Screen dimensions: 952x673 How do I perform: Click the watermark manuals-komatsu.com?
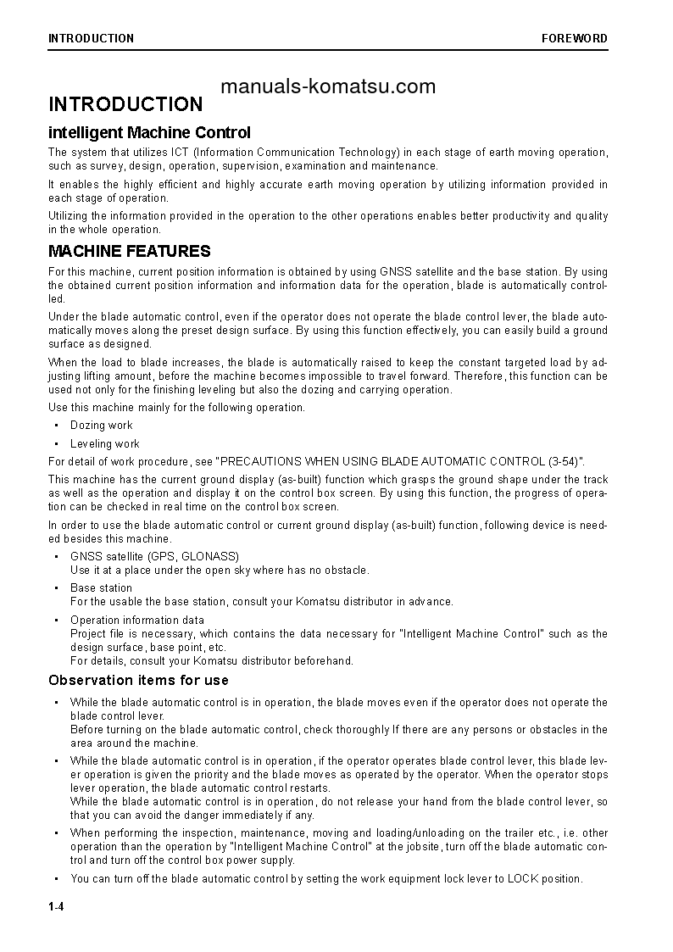click(x=327, y=86)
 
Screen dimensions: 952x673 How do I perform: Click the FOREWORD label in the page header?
click(x=575, y=38)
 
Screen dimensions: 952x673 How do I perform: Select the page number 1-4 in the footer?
click(x=56, y=908)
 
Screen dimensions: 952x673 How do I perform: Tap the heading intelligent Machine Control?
click(x=149, y=132)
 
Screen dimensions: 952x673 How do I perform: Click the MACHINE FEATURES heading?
click(x=130, y=251)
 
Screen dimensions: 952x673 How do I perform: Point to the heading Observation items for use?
click(x=138, y=680)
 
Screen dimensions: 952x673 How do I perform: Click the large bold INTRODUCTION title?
click(x=125, y=104)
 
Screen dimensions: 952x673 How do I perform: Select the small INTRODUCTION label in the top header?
click(x=91, y=38)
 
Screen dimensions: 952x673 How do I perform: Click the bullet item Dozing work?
click(x=101, y=426)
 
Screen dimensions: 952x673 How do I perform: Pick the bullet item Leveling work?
click(x=104, y=443)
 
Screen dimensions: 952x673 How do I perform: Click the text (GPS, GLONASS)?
click(x=193, y=556)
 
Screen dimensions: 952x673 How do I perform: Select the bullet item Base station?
click(x=101, y=587)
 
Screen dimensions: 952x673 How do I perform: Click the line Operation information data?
click(x=136, y=620)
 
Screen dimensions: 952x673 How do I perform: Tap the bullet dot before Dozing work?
click(x=56, y=426)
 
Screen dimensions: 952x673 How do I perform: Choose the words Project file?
click(x=97, y=633)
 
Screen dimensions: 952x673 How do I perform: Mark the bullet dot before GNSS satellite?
click(x=56, y=556)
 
